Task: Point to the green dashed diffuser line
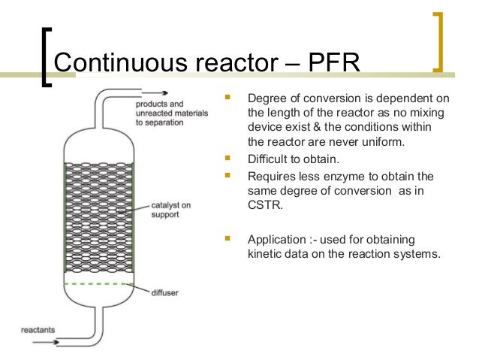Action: (x=98, y=284)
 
